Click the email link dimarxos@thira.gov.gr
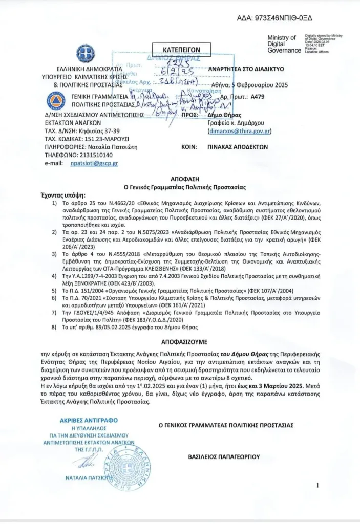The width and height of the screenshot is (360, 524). [239, 131]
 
